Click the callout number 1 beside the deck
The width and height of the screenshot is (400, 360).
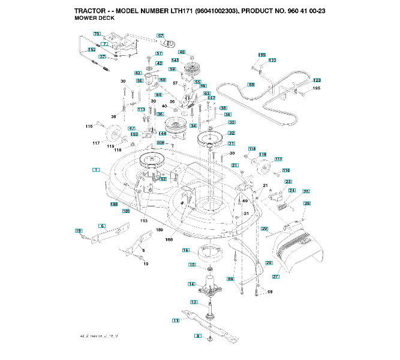tap(95, 170)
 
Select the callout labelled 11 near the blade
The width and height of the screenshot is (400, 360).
tap(176, 321)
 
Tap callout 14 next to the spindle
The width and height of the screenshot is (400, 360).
tap(191, 284)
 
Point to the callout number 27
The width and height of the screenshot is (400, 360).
tap(276, 277)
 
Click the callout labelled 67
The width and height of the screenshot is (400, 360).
tap(161, 36)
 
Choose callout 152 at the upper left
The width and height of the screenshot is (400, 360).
tap(92, 49)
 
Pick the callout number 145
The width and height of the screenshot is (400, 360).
tap(175, 60)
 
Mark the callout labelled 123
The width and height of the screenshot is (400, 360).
tap(317, 80)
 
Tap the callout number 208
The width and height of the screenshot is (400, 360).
tap(161, 143)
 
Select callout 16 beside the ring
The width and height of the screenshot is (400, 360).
tap(186, 250)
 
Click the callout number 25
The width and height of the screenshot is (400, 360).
tap(306, 191)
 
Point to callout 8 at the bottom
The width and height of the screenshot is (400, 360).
tap(199, 336)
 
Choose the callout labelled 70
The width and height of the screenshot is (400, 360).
tap(97, 34)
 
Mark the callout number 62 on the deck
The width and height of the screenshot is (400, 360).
tap(163, 179)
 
